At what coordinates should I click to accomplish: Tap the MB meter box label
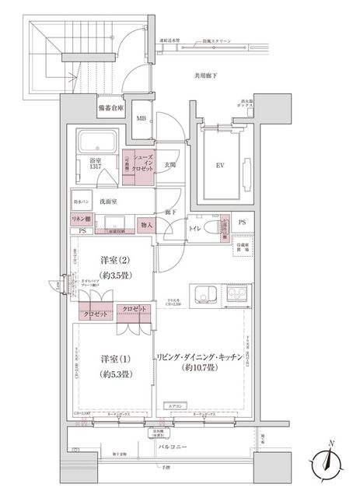click(142, 118)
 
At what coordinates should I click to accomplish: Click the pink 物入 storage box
click(145, 224)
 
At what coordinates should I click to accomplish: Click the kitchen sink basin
click(207, 295)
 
